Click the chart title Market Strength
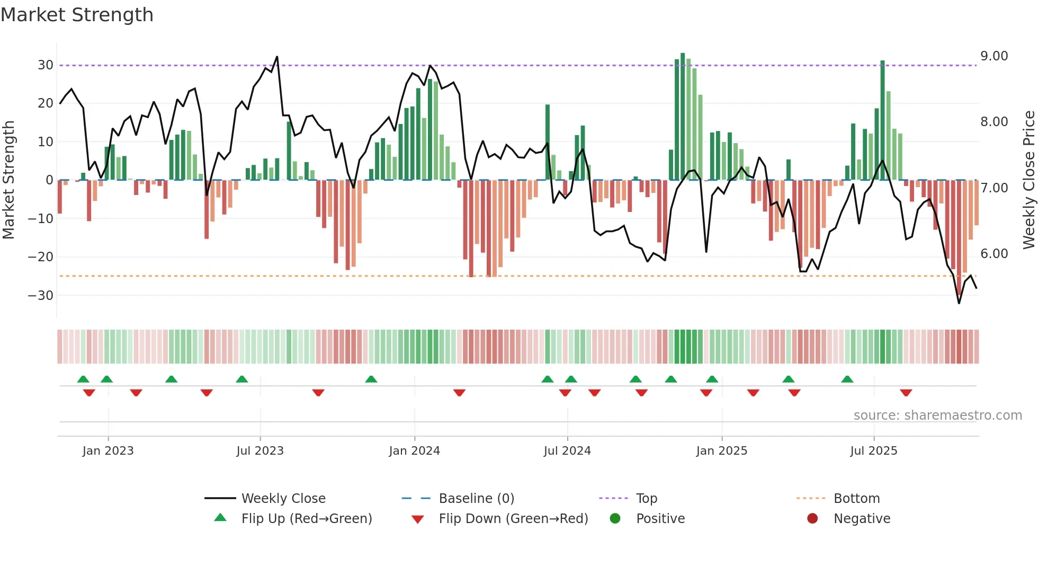[x=77, y=15]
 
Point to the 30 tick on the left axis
[x=45, y=65]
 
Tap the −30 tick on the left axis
[x=41, y=296]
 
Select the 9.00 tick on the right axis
[x=994, y=56]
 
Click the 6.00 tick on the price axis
[x=994, y=254]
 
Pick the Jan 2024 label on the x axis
[x=414, y=451]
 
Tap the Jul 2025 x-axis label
[x=873, y=451]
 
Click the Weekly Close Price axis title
[x=1028, y=180]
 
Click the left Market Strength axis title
[x=8, y=180]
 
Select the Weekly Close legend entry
[x=283, y=499]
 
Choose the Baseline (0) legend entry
[x=476, y=499]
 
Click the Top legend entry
[x=646, y=499]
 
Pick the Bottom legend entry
[x=856, y=499]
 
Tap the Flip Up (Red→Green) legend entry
[x=306, y=519]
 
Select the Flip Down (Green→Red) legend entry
[x=513, y=519]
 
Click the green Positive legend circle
[x=615, y=518]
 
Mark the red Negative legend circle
[x=812, y=518]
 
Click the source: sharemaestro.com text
[x=937, y=415]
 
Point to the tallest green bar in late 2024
[x=683, y=117]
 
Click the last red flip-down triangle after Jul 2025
[x=906, y=393]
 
